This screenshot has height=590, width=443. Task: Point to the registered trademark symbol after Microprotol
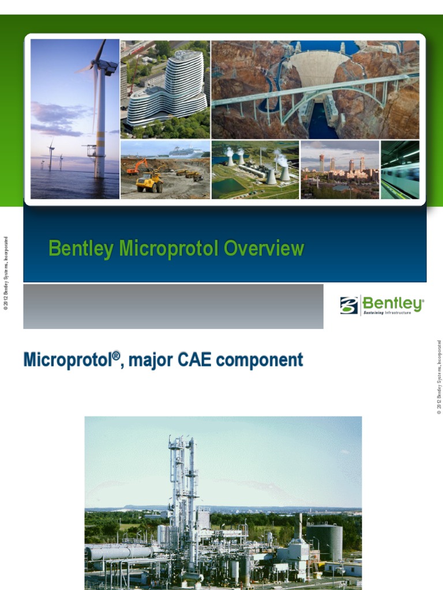(x=117, y=355)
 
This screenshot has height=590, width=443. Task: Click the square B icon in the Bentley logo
(x=349, y=305)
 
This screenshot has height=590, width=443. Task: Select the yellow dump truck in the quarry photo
(x=149, y=183)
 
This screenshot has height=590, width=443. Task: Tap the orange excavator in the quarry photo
(x=137, y=167)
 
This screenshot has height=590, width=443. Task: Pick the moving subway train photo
(x=400, y=170)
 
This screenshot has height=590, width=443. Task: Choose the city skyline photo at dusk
(x=340, y=170)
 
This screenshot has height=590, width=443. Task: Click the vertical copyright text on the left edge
(x=6, y=274)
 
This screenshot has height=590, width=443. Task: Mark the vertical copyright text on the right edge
(x=438, y=377)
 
